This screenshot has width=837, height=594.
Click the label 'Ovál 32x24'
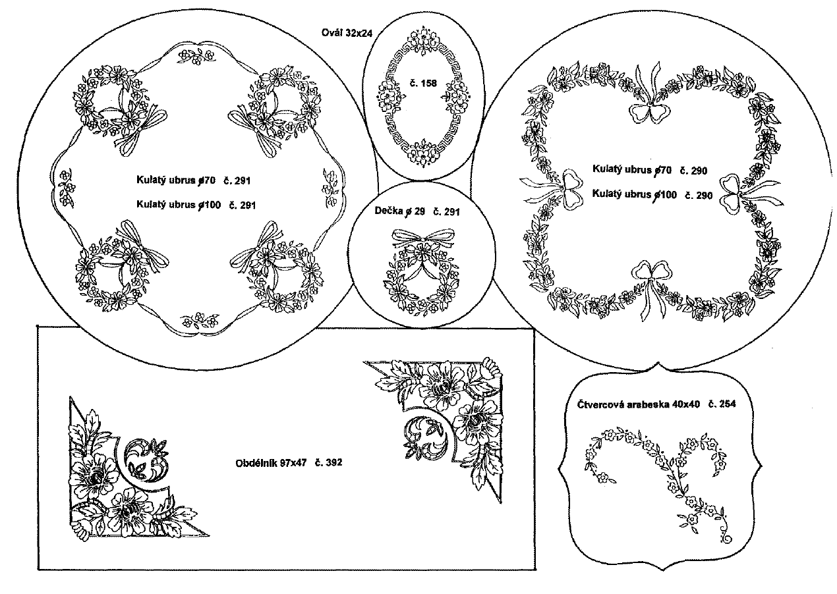pyautogui.click(x=347, y=33)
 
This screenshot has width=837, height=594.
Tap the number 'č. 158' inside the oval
pyautogui.click(x=423, y=83)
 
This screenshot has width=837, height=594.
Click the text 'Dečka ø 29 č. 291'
pyautogui.click(x=417, y=211)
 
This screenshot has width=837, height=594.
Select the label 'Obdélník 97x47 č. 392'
pyautogui.click(x=289, y=462)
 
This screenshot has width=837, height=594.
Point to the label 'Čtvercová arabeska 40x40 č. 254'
pyautogui.click(x=656, y=404)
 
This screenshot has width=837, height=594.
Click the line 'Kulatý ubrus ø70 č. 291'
pyautogui.click(x=193, y=180)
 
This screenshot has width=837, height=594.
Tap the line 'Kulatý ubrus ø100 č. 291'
pyautogui.click(x=196, y=205)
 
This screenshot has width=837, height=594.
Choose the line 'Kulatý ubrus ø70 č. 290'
pyautogui.click(x=650, y=170)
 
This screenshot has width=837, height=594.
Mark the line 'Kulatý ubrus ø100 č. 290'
pyautogui.click(x=652, y=194)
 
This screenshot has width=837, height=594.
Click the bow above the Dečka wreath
pyautogui.click(x=423, y=239)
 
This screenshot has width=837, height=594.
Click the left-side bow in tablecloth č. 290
pyautogui.click(x=553, y=188)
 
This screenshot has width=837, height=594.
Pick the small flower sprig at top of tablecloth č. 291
pyautogui.click(x=196, y=57)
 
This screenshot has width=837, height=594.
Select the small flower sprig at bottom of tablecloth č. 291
pyautogui.click(x=199, y=320)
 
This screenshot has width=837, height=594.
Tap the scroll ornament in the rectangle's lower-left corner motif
pyautogui.click(x=146, y=458)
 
